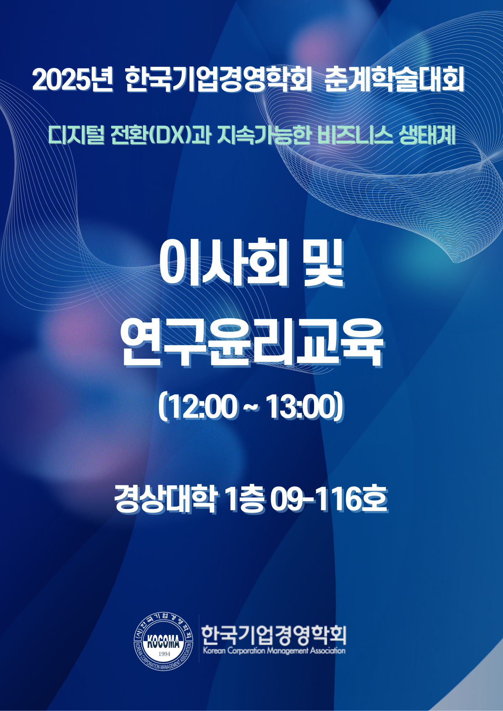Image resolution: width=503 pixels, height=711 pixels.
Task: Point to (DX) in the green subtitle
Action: click(x=170, y=135)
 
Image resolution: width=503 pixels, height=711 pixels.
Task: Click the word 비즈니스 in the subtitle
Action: click(x=355, y=135)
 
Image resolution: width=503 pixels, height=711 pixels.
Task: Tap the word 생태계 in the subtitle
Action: click(x=428, y=135)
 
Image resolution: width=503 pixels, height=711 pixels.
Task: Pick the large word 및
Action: click(x=324, y=263)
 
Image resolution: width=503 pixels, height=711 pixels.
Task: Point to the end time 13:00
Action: click(x=302, y=406)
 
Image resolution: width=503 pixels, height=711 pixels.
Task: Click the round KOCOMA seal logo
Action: click(x=164, y=642)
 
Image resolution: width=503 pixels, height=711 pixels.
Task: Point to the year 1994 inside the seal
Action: click(x=164, y=654)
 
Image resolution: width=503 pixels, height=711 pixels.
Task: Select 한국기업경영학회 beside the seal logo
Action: click(x=274, y=635)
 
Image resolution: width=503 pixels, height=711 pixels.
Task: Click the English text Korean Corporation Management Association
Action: click(x=274, y=651)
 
